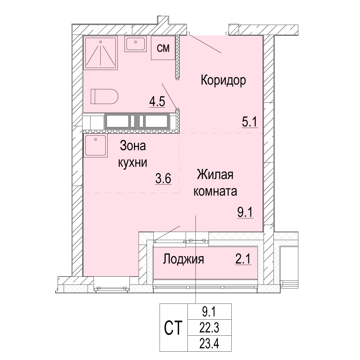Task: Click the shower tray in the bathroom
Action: click(101, 53)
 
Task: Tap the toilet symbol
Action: click(104, 96)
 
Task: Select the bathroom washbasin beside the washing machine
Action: click(135, 44)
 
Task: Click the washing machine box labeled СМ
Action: click(163, 48)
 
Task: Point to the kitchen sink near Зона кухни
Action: click(96, 146)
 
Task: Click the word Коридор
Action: click(223, 80)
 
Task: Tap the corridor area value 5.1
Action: click(250, 122)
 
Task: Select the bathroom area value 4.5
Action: click(157, 101)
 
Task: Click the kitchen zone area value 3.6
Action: click(163, 178)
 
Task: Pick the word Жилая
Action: click(215, 174)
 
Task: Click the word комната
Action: click(215, 191)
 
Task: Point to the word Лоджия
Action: click(183, 259)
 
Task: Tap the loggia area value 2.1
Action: click(243, 259)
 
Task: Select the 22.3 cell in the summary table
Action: click(209, 328)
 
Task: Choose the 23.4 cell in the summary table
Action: click(209, 343)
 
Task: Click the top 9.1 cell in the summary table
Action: click(209, 312)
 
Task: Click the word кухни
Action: click(133, 163)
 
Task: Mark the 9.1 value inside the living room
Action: click(245, 212)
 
